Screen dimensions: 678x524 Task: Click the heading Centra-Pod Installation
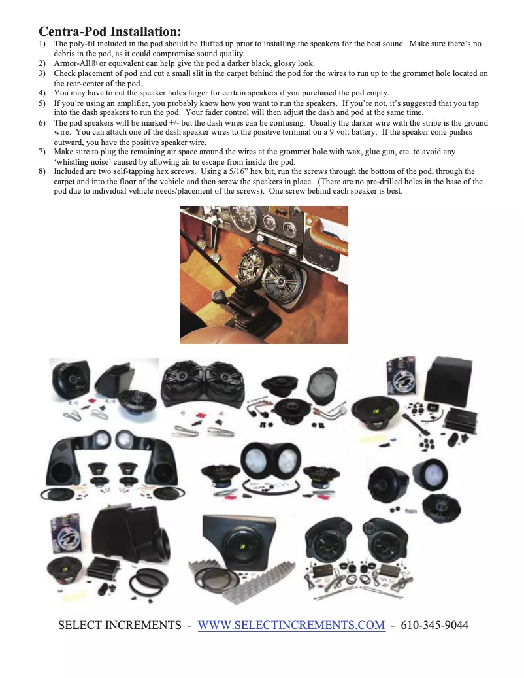pos(110,31)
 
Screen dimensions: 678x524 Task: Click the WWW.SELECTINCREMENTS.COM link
pos(291,625)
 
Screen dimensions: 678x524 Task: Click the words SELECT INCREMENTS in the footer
pos(119,625)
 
